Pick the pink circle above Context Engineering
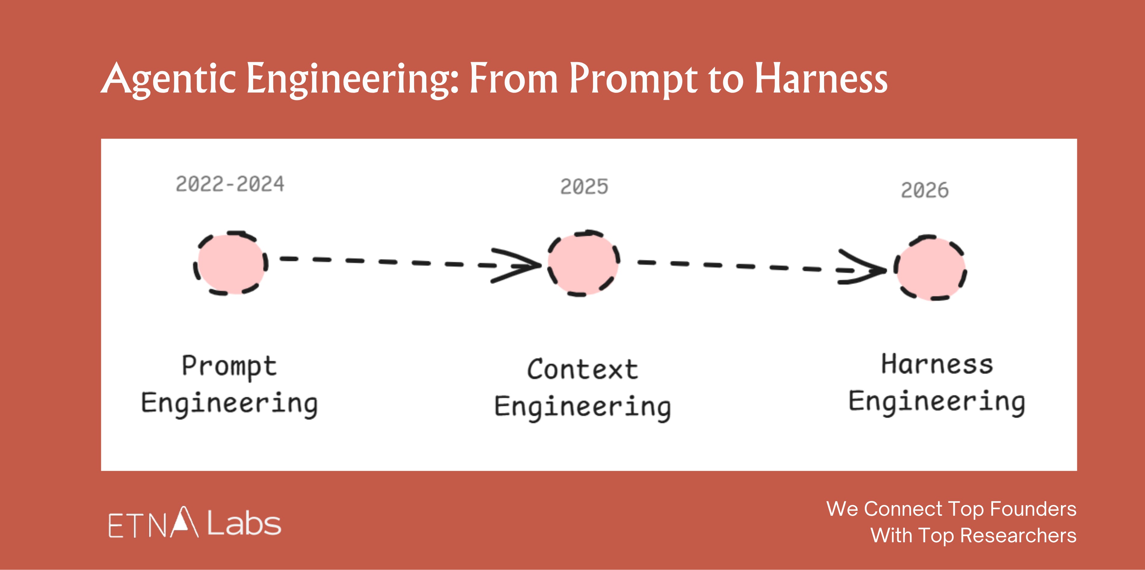pyautogui.click(x=583, y=263)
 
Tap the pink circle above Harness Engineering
pyautogui.click(x=931, y=268)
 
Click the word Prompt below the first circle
pyautogui.click(x=229, y=367)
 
